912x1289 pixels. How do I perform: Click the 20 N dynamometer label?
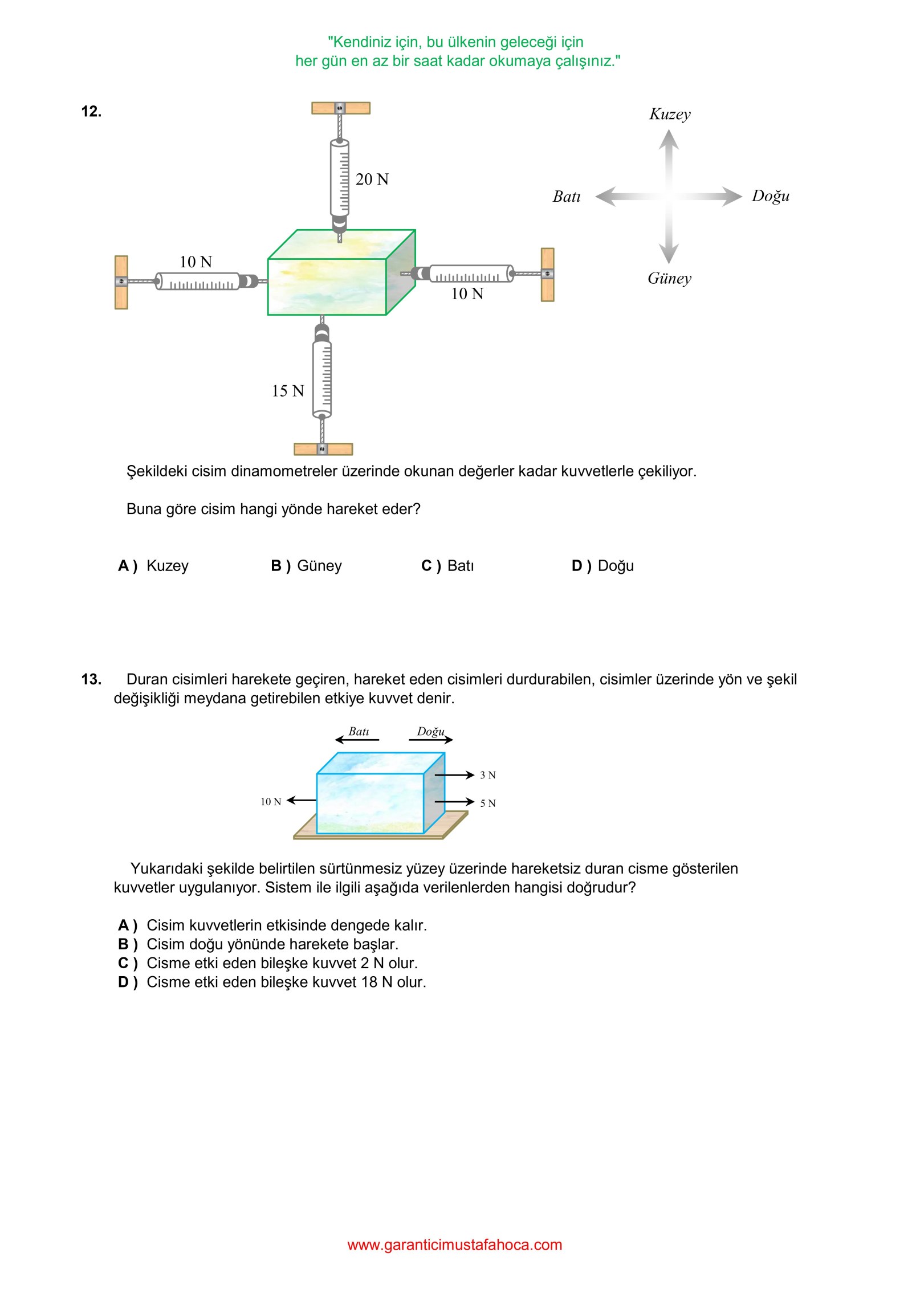[x=372, y=180]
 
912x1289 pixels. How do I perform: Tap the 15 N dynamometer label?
[x=287, y=391]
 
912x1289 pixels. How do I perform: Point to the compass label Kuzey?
[x=670, y=114]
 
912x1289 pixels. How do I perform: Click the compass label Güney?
[x=669, y=279]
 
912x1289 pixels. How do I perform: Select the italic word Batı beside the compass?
[x=567, y=197]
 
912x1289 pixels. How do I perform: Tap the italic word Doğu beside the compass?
[x=770, y=196]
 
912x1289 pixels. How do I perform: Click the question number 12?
[x=91, y=112]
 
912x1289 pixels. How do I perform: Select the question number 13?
[x=91, y=679]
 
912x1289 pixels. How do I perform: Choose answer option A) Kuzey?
[x=153, y=566]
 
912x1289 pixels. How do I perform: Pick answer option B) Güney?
[x=306, y=566]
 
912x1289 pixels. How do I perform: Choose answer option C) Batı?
[x=447, y=566]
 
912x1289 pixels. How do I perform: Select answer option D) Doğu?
[x=602, y=566]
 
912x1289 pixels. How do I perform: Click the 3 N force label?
[x=487, y=775]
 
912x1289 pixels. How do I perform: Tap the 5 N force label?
[x=487, y=803]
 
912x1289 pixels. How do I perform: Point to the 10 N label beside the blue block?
[x=271, y=802]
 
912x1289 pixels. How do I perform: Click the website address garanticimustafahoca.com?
[x=455, y=1245]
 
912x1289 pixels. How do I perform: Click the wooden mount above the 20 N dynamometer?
[x=340, y=108]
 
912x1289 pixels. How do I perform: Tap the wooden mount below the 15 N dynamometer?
[x=323, y=449]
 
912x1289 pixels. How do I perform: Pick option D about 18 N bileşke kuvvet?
[x=272, y=982]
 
